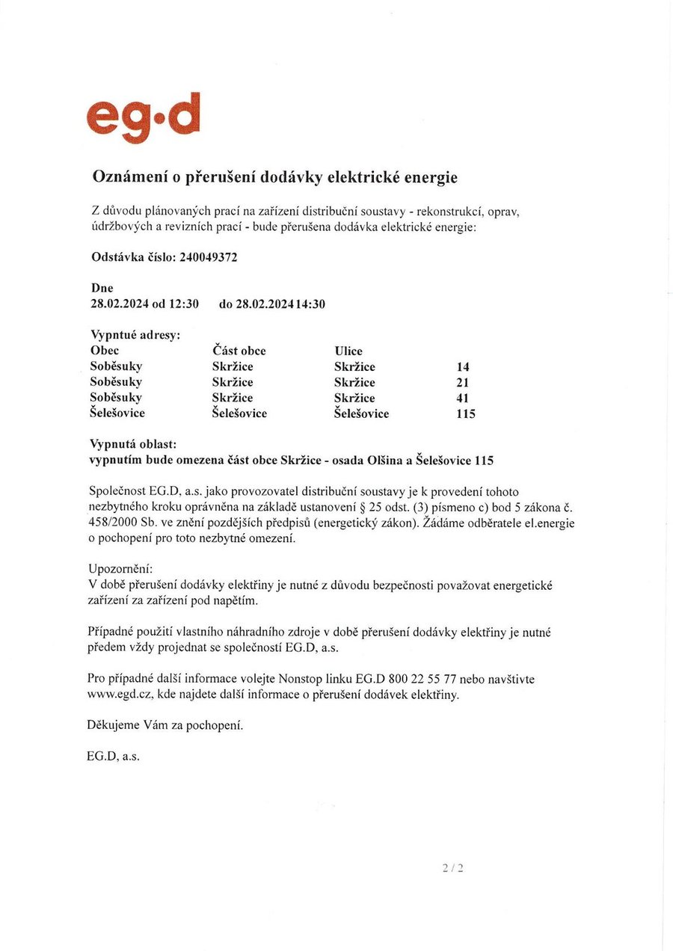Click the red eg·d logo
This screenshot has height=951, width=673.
144,118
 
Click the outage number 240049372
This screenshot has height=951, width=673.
209,257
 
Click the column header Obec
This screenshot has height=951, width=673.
104,351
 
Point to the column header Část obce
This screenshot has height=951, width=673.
239,351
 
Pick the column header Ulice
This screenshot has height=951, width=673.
348,351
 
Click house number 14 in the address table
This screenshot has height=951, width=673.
463,367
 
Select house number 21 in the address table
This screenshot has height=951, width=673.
463,383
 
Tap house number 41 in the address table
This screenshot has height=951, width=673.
463,398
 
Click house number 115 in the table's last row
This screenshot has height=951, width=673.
465,413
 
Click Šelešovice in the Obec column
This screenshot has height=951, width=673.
117,413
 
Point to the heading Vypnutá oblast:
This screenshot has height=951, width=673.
133,445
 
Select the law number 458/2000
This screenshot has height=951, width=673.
113,523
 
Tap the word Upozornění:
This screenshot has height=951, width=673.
120,570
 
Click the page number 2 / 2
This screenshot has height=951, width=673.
453,868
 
